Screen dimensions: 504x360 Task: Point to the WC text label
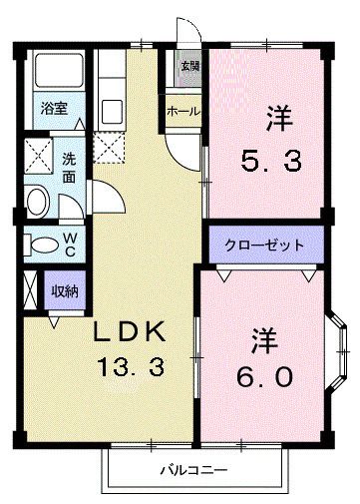pyautogui.click(x=70, y=244)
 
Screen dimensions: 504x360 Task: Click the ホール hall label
pyautogui.click(x=184, y=111)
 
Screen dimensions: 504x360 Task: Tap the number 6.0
pyautogui.click(x=266, y=378)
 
